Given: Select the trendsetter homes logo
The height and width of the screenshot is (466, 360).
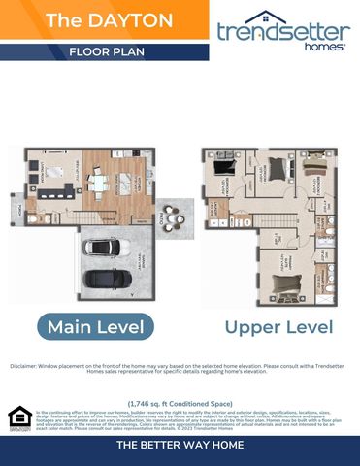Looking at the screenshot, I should point(283,30).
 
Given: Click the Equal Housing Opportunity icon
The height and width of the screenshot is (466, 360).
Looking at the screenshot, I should point(18,417).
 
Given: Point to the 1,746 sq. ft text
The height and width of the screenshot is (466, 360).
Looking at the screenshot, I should point(180,402).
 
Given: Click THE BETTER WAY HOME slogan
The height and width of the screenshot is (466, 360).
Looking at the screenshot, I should point(180,445).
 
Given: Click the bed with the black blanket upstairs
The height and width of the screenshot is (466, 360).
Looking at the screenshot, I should point(222,168).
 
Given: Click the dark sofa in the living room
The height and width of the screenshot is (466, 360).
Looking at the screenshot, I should point(50,191).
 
